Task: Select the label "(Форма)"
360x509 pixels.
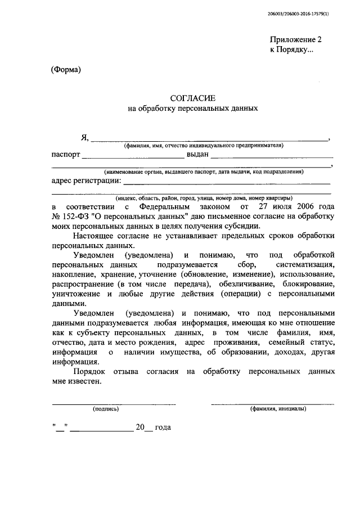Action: (x=66, y=70)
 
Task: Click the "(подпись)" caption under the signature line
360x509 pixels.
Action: (x=106, y=409)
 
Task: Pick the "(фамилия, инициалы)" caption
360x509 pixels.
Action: (x=278, y=409)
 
